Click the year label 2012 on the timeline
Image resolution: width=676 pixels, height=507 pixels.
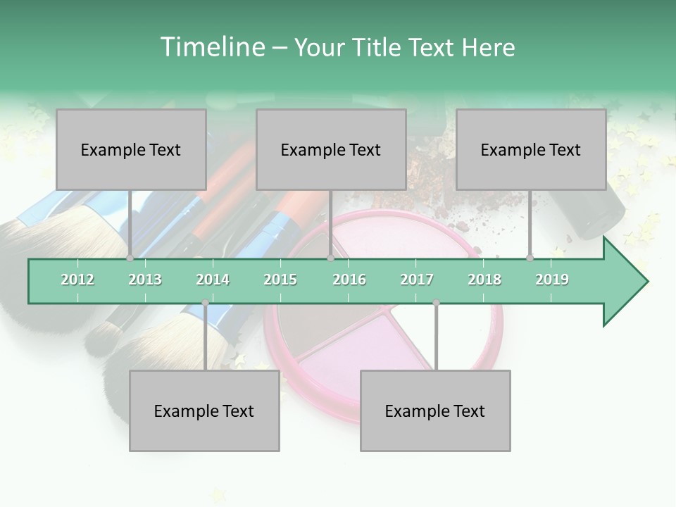click(x=77, y=280)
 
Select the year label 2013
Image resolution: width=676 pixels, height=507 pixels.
click(x=145, y=280)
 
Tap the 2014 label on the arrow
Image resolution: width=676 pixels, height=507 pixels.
click(x=213, y=280)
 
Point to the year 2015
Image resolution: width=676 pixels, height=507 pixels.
click(x=280, y=280)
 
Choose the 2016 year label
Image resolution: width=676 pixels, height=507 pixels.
click(x=349, y=280)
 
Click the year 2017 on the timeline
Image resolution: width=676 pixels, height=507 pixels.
click(x=417, y=280)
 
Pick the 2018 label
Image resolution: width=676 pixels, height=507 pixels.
click(x=484, y=280)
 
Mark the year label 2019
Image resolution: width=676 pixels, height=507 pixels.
click(x=552, y=280)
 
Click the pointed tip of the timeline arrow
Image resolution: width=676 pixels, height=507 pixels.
click(x=646, y=282)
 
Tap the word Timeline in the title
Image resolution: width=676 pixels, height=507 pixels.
click(x=211, y=47)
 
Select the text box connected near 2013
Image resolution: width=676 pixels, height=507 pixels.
click(x=131, y=149)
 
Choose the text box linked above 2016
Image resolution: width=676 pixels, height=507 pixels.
click(x=331, y=149)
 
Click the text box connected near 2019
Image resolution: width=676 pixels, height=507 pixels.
click(x=531, y=149)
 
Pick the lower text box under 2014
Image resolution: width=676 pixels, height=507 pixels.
click(x=204, y=411)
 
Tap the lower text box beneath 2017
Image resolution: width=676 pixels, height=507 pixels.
click(x=435, y=411)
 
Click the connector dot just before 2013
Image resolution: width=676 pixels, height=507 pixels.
click(x=130, y=258)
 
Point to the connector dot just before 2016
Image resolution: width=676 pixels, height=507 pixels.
click(x=330, y=258)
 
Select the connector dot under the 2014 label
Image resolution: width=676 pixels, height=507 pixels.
click(x=205, y=303)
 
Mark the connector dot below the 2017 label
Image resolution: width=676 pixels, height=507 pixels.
click(x=436, y=303)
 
